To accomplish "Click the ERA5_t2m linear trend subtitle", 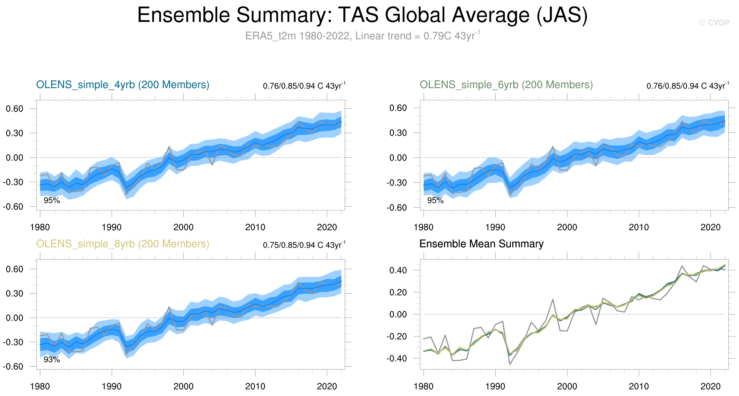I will click(362, 36).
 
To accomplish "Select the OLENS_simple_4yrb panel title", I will click(123, 85).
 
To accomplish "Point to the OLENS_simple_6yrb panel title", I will click(506, 85).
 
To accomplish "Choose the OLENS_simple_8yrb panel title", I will click(123, 244).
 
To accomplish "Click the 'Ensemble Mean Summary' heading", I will click(481, 244).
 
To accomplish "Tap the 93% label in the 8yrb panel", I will click(52, 360).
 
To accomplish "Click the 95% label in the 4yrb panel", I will click(52, 201).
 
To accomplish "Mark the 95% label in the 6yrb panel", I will click(435, 201).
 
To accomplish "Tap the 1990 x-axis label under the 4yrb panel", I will click(112, 227).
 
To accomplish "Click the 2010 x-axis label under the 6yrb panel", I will click(639, 227).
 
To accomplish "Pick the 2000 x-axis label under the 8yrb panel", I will click(183, 386).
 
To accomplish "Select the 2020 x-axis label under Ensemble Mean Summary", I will click(710, 386).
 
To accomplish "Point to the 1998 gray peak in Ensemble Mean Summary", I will click(553, 300).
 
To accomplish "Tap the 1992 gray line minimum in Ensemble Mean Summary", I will click(510, 364).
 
